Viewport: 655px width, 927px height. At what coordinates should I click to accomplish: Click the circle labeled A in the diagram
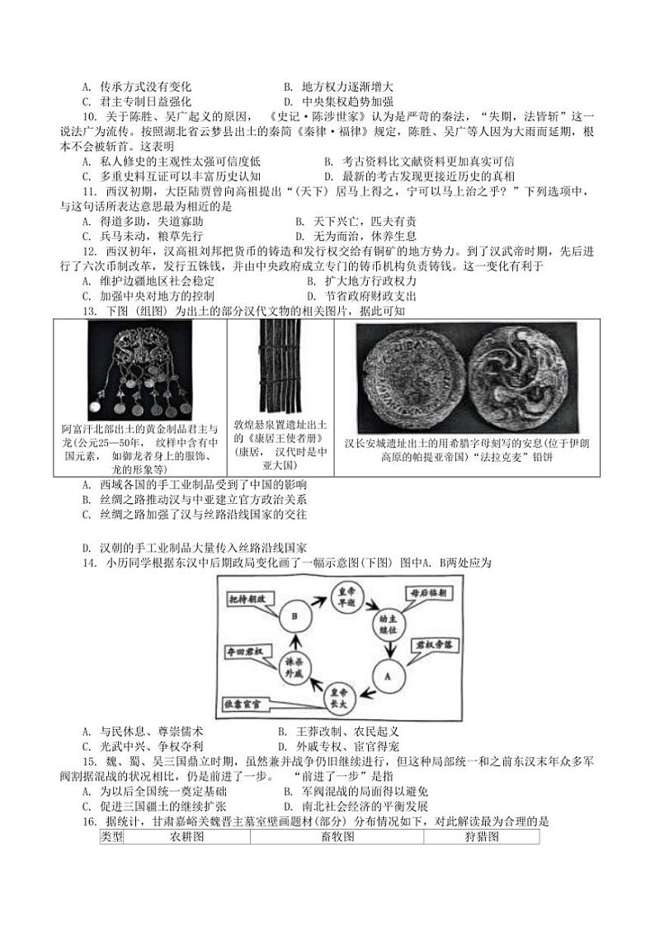tap(385, 673)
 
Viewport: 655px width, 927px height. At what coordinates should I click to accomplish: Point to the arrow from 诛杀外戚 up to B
tap(293, 642)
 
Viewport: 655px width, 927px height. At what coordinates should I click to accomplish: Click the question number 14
tap(90, 563)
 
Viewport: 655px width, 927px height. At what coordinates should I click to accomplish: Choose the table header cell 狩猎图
tap(481, 837)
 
